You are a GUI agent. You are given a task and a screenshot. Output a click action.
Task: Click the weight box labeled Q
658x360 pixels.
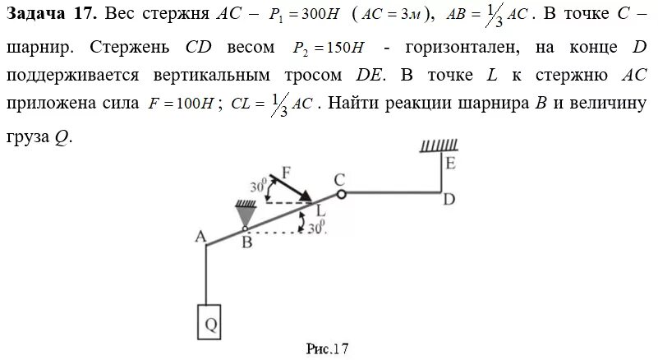(209, 323)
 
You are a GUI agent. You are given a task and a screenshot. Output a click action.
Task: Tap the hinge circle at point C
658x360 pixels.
(341, 193)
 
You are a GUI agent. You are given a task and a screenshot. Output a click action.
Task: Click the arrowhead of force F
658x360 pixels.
(306, 196)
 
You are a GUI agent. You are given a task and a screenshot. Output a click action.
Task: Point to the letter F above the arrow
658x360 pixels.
(286, 173)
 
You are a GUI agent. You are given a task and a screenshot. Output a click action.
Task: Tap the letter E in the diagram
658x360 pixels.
(450, 163)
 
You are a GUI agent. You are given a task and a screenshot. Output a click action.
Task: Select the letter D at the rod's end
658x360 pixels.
(449, 199)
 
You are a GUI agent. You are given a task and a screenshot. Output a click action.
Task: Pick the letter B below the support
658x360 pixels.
(246, 242)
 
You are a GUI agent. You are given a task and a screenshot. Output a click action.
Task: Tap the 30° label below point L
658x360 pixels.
(316, 225)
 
